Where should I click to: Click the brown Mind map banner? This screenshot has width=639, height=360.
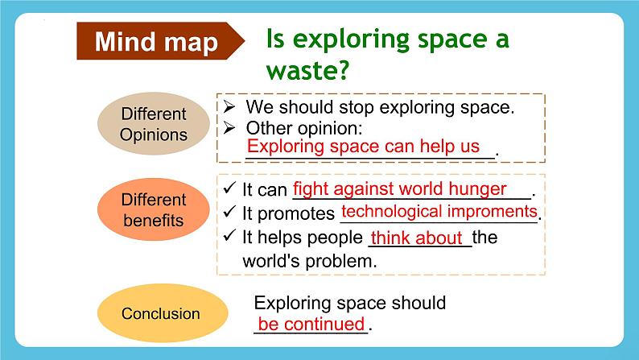(157, 42)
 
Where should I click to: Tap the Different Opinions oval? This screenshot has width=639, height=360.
(153, 124)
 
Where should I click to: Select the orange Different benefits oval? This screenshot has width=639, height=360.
(153, 209)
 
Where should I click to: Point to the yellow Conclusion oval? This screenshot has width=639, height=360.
(161, 313)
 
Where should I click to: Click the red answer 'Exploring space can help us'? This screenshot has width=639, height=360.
(369, 147)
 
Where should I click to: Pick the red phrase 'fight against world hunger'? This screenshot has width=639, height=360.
(400, 189)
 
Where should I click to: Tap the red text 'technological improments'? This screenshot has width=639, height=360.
(439, 212)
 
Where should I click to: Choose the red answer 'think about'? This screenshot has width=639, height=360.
(417, 238)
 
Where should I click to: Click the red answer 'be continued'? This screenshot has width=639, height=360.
(311, 325)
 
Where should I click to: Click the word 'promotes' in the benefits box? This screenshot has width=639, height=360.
(300, 214)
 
